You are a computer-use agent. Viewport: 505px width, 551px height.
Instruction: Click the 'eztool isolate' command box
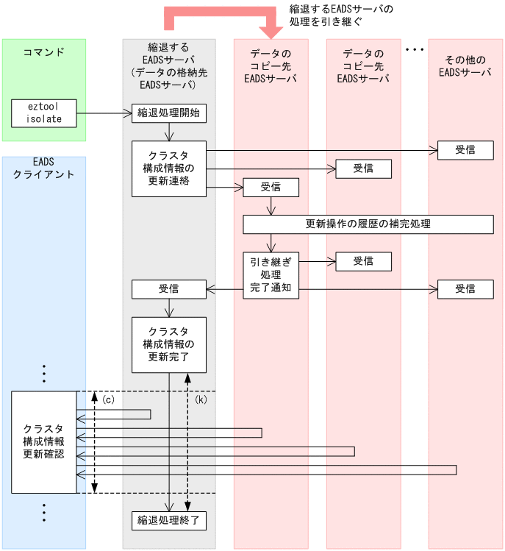(x=44, y=113)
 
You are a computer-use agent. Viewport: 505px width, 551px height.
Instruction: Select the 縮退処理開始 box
(x=168, y=113)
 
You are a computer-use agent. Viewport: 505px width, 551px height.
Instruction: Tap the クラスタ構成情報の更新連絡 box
(x=168, y=168)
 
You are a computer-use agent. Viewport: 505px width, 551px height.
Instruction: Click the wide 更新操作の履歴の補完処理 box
(x=368, y=224)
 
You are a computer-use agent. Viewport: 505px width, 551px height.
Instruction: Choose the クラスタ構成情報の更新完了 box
(x=168, y=344)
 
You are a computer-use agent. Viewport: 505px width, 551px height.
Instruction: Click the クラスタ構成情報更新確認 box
(x=44, y=441)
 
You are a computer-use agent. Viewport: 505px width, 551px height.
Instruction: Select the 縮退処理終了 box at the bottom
(x=168, y=520)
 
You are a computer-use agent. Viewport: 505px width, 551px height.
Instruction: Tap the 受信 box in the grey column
(x=168, y=289)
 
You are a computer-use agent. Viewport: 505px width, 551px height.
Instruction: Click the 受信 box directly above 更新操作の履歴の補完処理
(x=271, y=187)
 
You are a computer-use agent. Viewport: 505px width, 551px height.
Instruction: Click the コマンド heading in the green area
(x=44, y=52)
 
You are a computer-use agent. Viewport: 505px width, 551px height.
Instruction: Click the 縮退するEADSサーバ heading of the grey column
(x=168, y=66)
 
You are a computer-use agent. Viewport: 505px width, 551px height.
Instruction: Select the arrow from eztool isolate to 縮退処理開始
(x=104, y=113)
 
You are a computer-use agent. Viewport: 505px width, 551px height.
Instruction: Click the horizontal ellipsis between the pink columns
(x=415, y=50)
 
